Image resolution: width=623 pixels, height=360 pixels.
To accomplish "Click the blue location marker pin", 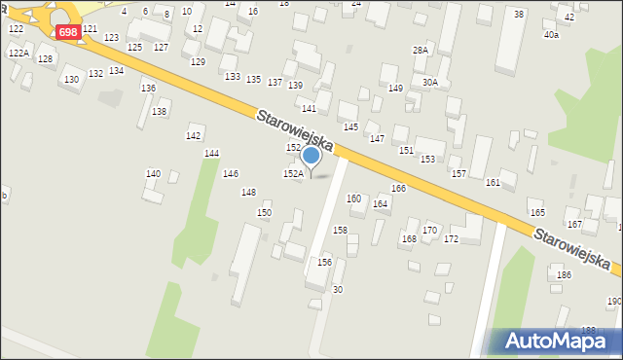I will coord(311,157).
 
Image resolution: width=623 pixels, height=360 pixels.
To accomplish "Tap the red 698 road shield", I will coord(67,32).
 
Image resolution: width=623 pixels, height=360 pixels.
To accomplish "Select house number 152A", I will coord(293,173).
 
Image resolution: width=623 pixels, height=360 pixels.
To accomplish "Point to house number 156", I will coord(324,263).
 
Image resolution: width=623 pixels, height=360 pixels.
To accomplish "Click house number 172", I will coord(451,239).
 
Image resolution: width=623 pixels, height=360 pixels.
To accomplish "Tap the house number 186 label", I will coord(564,275).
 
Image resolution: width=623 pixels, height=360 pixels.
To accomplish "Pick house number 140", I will coord(153,173).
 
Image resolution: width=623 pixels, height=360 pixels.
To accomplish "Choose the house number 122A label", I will coord(18,54).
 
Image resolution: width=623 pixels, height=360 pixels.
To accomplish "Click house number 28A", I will coord(420,50).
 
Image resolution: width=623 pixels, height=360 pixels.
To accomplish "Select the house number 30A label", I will coord(429,83).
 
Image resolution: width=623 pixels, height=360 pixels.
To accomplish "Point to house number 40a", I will coord(551,35).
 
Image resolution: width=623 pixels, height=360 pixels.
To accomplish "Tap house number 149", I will coord(395,89).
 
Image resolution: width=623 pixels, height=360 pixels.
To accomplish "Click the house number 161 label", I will coord(493,182).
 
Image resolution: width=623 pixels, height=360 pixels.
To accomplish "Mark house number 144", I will coord(211,154).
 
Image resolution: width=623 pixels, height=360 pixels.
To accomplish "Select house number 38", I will coord(519,14).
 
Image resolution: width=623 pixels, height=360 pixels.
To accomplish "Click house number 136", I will coord(148,89).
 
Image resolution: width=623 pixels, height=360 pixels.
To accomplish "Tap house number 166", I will coord(398,188).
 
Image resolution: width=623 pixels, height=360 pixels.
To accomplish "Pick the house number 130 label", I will coord(71,80).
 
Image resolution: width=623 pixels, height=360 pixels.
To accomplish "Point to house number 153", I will coord(427,159).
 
